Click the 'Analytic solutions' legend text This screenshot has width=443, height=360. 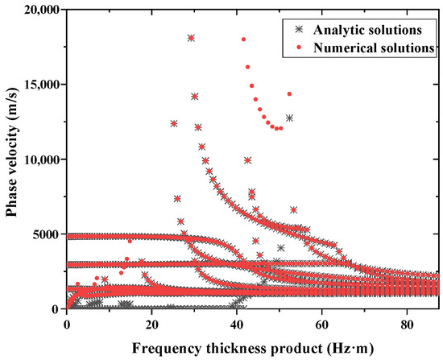click(366, 30)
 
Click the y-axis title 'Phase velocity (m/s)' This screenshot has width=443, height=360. click(10, 159)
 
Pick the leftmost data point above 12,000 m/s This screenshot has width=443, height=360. click(174, 123)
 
